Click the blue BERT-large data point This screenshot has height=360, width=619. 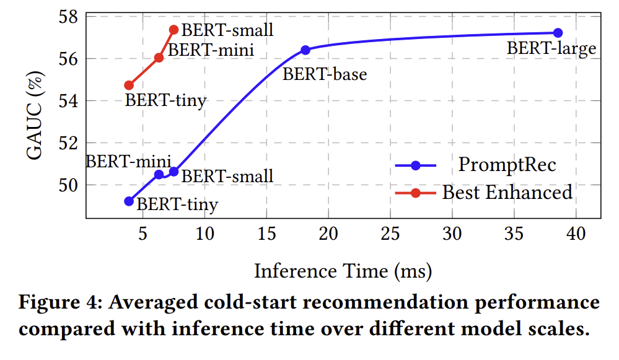pos(557,33)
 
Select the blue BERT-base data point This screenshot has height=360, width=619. pos(305,50)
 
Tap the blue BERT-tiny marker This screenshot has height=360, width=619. pos(129,201)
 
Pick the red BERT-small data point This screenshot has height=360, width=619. pos(173,30)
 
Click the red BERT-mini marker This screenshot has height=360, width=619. pos(159,58)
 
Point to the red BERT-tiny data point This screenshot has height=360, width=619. pos(129,85)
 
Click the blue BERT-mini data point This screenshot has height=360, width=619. pos(159,175)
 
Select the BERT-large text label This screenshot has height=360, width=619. pos(551,48)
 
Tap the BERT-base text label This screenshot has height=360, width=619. pos(325,74)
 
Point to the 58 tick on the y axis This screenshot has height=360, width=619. pos(68,17)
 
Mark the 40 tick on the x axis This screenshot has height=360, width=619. pos(576,234)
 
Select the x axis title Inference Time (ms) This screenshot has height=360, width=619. pos(343,271)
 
